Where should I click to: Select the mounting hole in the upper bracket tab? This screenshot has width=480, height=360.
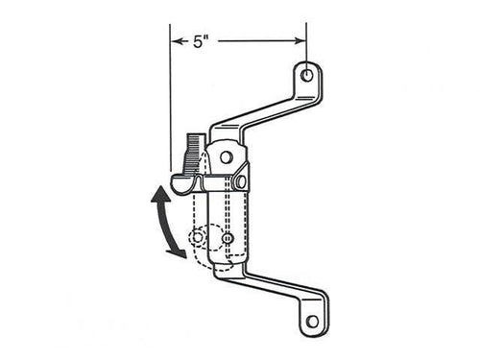(306, 75)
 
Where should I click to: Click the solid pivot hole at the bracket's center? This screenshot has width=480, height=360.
(227, 156)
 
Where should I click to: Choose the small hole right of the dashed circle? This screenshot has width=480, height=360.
(228, 237)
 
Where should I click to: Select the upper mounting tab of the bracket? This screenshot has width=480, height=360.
(307, 81)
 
